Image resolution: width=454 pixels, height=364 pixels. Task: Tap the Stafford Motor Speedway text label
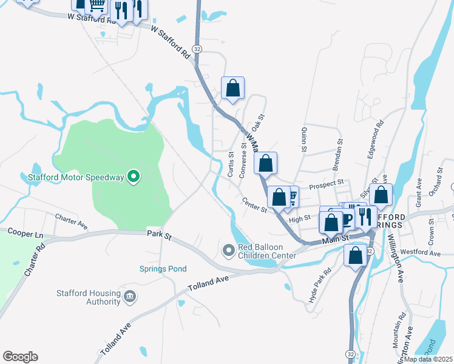point(76,178)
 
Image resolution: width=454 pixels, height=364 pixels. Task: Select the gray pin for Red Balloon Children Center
point(229,249)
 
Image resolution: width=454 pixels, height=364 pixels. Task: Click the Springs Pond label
point(163,269)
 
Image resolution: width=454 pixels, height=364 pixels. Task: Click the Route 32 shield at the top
point(197,48)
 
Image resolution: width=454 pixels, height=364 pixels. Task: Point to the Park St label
point(160,234)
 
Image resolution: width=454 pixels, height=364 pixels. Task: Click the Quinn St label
point(302,140)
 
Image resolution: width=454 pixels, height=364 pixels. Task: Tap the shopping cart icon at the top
point(97,5)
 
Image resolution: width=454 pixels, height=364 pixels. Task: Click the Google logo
point(20,356)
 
